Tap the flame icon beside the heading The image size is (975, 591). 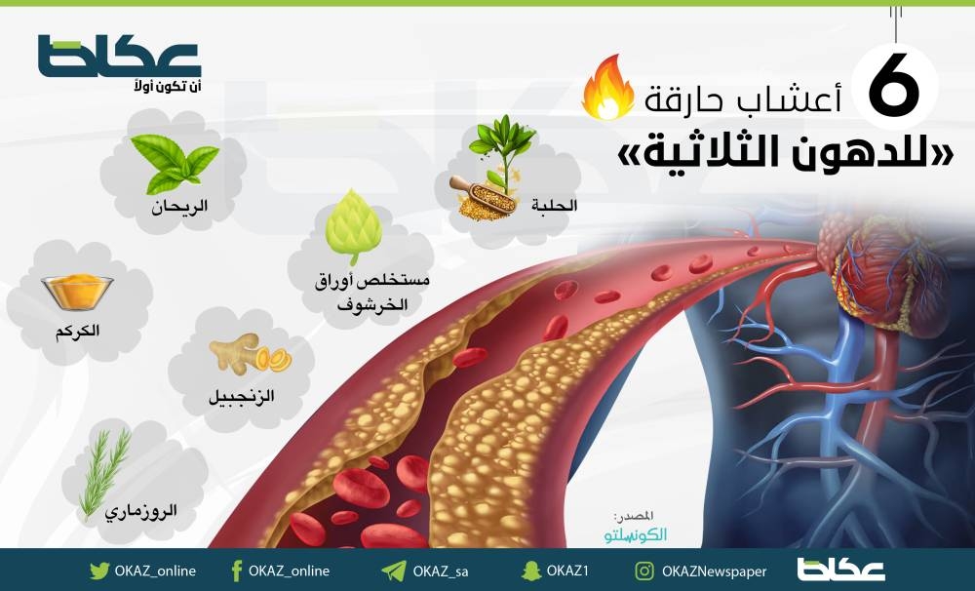[x=607, y=87]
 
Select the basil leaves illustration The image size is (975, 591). [x=175, y=164]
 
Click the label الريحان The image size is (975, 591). [x=179, y=207]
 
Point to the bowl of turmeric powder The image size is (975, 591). [x=77, y=292]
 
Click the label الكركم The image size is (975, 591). [x=77, y=331]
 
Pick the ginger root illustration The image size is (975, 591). [x=250, y=353]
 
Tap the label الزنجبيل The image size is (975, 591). [x=241, y=396]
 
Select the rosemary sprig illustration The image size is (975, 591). [x=104, y=472]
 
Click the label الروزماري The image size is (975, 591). [x=141, y=511]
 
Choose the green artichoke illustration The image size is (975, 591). [x=353, y=227]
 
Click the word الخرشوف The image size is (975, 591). [x=372, y=305]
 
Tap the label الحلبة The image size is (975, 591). [x=554, y=206]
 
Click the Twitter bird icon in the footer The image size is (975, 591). [x=98, y=571]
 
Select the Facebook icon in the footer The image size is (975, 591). [x=236, y=571]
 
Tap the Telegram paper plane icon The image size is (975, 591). [x=394, y=571]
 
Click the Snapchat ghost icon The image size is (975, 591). [x=531, y=571]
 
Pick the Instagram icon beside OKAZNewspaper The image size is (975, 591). [x=644, y=571]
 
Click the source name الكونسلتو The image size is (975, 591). [x=636, y=535]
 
